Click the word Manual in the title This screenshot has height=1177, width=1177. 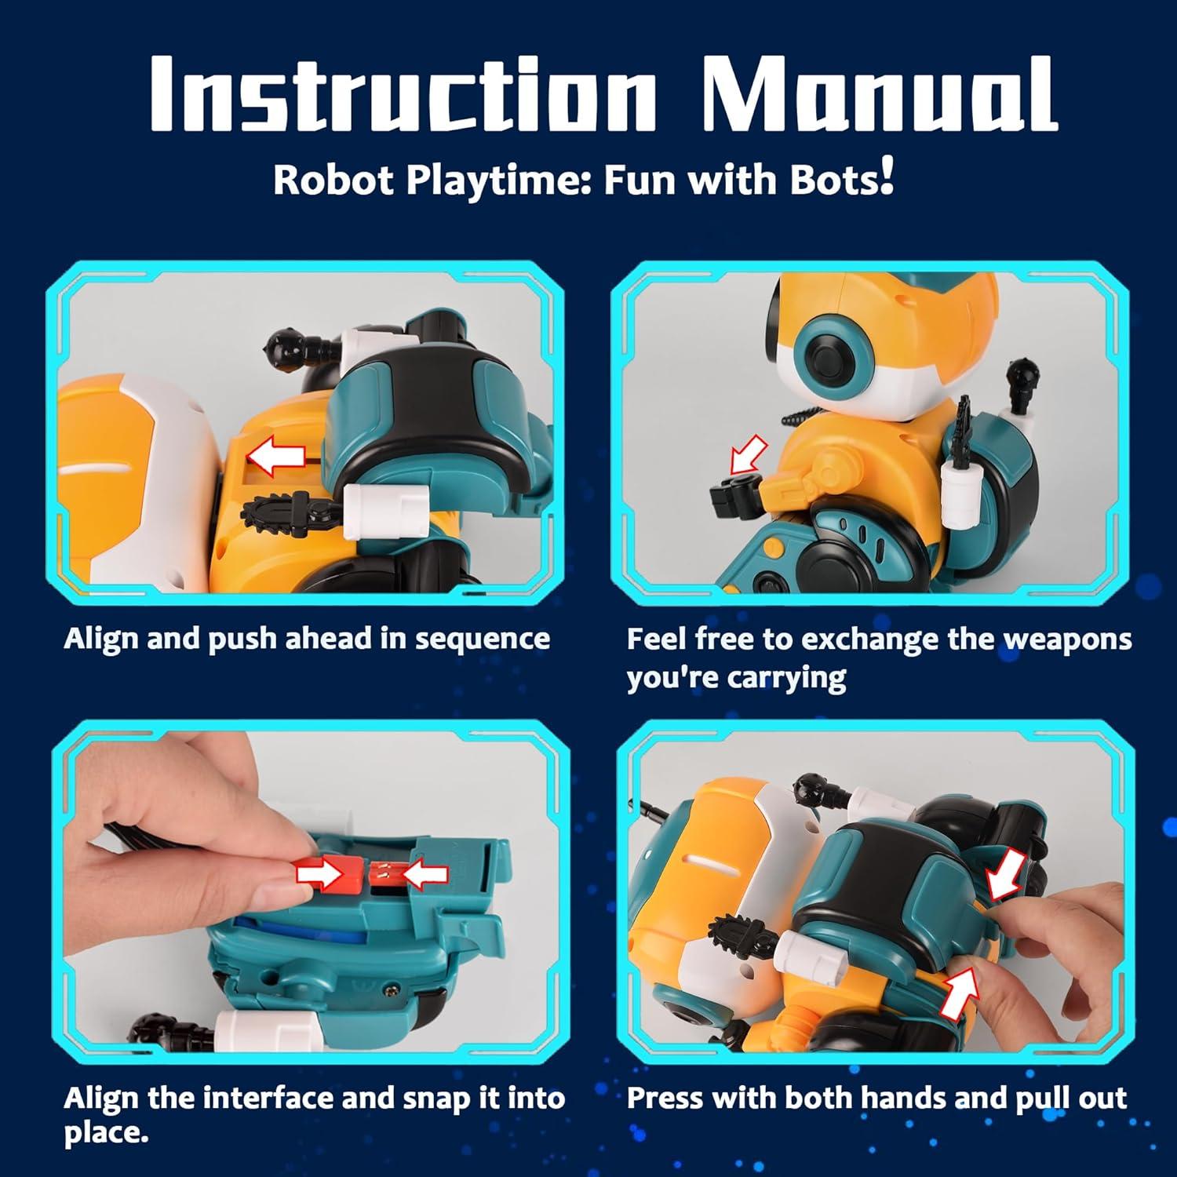point(879,94)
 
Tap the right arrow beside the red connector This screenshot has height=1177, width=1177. point(424,873)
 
